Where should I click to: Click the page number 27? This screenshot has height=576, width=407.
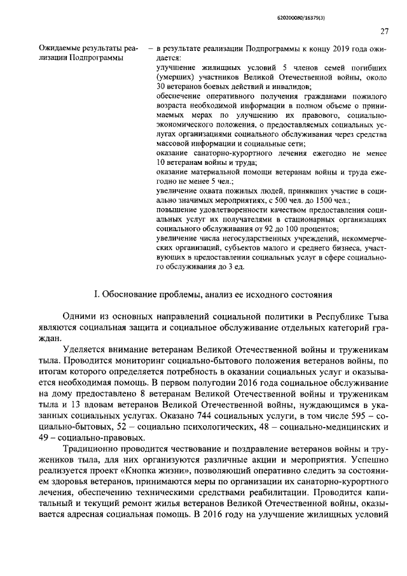click(x=385, y=31)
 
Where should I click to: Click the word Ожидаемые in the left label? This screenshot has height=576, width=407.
click(x=59, y=48)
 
